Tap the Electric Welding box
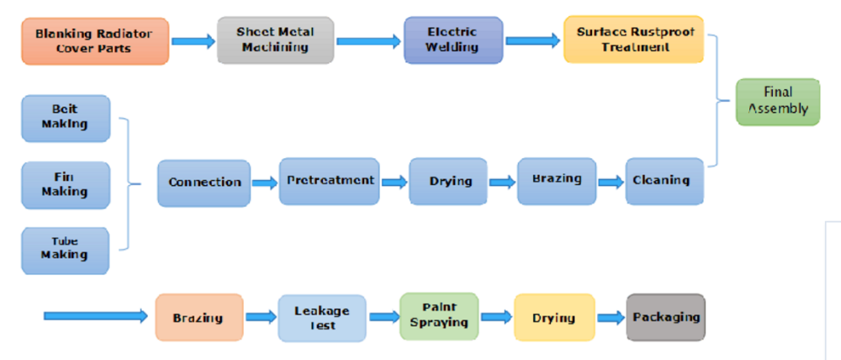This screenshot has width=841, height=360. click(452, 39)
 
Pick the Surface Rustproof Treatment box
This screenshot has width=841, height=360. click(632, 39)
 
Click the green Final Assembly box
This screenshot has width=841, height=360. click(777, 101)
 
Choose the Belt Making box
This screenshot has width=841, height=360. click(66, 118)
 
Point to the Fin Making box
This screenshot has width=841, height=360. click(66, 184)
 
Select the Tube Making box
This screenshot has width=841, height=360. click(66, 250)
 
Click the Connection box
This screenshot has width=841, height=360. click(204, 183)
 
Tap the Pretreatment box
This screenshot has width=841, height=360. click(330, 181)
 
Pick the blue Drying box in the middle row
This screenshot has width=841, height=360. click(448, 182)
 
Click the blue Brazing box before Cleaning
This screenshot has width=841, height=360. click(556, 181)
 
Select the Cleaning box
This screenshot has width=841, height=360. click(664, 180)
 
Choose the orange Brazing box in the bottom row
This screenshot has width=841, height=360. click(198, 317)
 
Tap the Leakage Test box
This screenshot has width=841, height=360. click(321, 317)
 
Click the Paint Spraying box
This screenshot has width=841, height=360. click(439, 316)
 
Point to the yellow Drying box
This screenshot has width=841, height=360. click(553, 317)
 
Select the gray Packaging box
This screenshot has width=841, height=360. click(665, 317)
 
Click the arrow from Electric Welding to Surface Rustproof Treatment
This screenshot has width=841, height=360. click(533, 40)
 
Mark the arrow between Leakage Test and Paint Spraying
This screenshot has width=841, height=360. click(383, 317)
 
